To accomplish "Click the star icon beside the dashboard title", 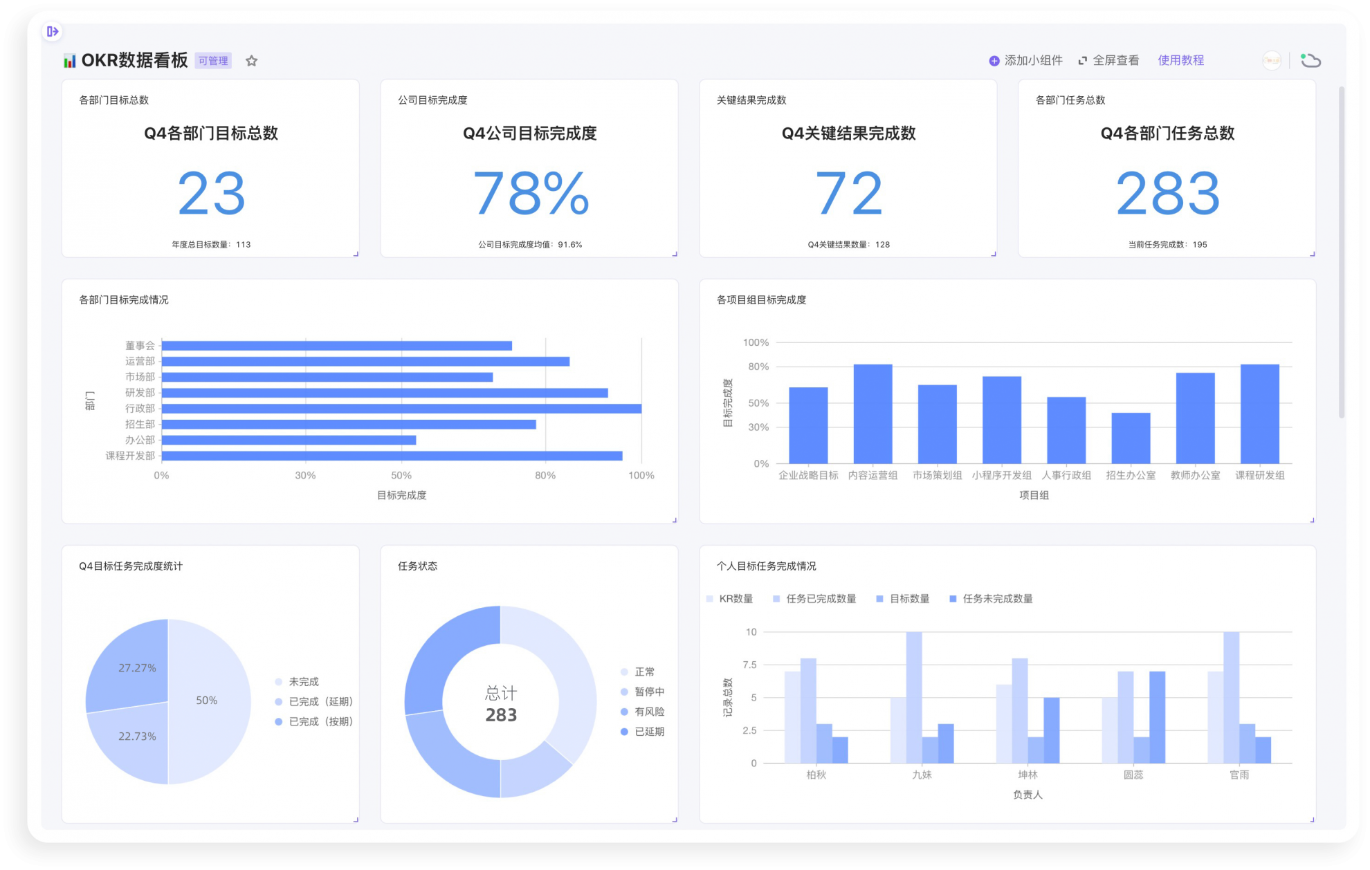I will pos(252,61).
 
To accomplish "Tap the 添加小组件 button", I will pos(1025,61).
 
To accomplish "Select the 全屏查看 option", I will pos(1108,61).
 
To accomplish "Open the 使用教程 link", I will pos(1181,61).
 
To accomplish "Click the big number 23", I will pos(211,194).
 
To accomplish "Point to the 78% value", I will pos(530,194).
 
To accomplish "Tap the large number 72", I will pos(848,194).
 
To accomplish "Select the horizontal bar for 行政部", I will pos(401,409).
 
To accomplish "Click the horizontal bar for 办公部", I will pos(289,440).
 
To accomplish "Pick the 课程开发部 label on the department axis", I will pos(130,456).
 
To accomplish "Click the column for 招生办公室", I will pos(1131,438).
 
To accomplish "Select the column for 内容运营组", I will pos(873,414).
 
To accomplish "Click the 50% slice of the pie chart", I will pos(207,701).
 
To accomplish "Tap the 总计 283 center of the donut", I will pos(501,704).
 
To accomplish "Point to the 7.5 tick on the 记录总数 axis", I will pos(749,665).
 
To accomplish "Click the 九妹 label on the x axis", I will pos(922,775).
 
